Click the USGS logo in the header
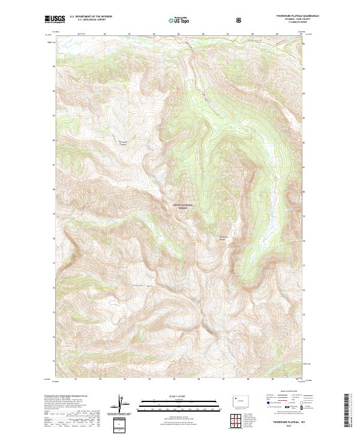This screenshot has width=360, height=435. pyautogui.click(x=55, y=19)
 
